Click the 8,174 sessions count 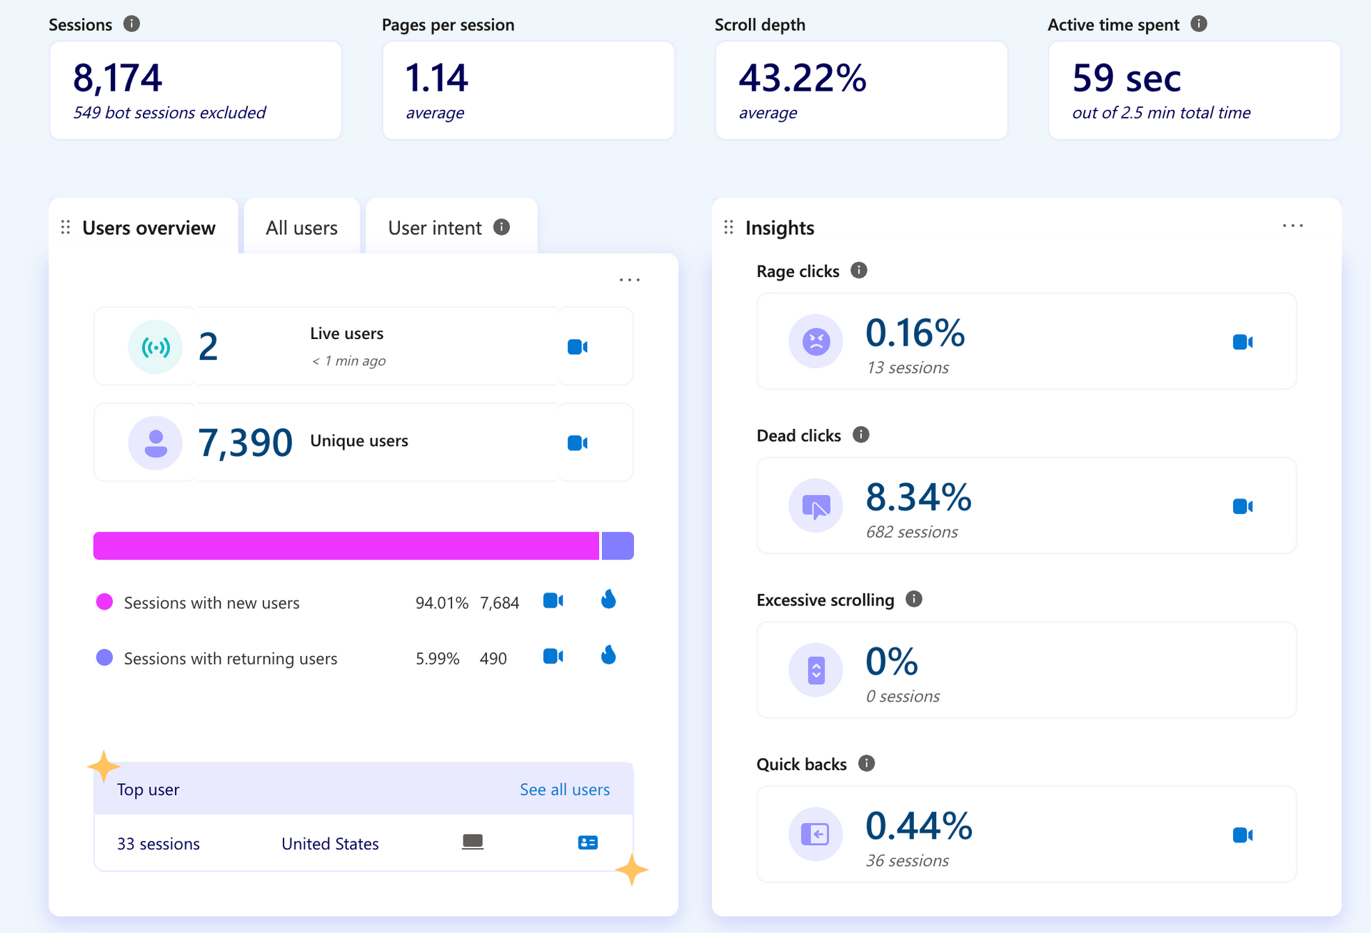[118, 78]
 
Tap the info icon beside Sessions [131, 24]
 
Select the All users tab [301, 228]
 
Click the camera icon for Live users [578, 347]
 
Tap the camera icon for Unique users [578, 443]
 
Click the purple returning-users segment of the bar [618, 545]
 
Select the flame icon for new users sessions [608, 599]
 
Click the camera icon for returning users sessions [553, 656]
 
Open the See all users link [565, 790]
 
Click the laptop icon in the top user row [473, 842]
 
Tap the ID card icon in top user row [588, 842]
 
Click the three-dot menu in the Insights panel [1293, 226]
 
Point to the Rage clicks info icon [859, 271]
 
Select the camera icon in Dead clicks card [1243, 506]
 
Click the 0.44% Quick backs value [919, 826]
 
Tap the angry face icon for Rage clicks [816, 341]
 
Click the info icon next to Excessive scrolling [914, 599]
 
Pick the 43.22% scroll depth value [803, 78]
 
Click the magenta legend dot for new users [104, 602]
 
